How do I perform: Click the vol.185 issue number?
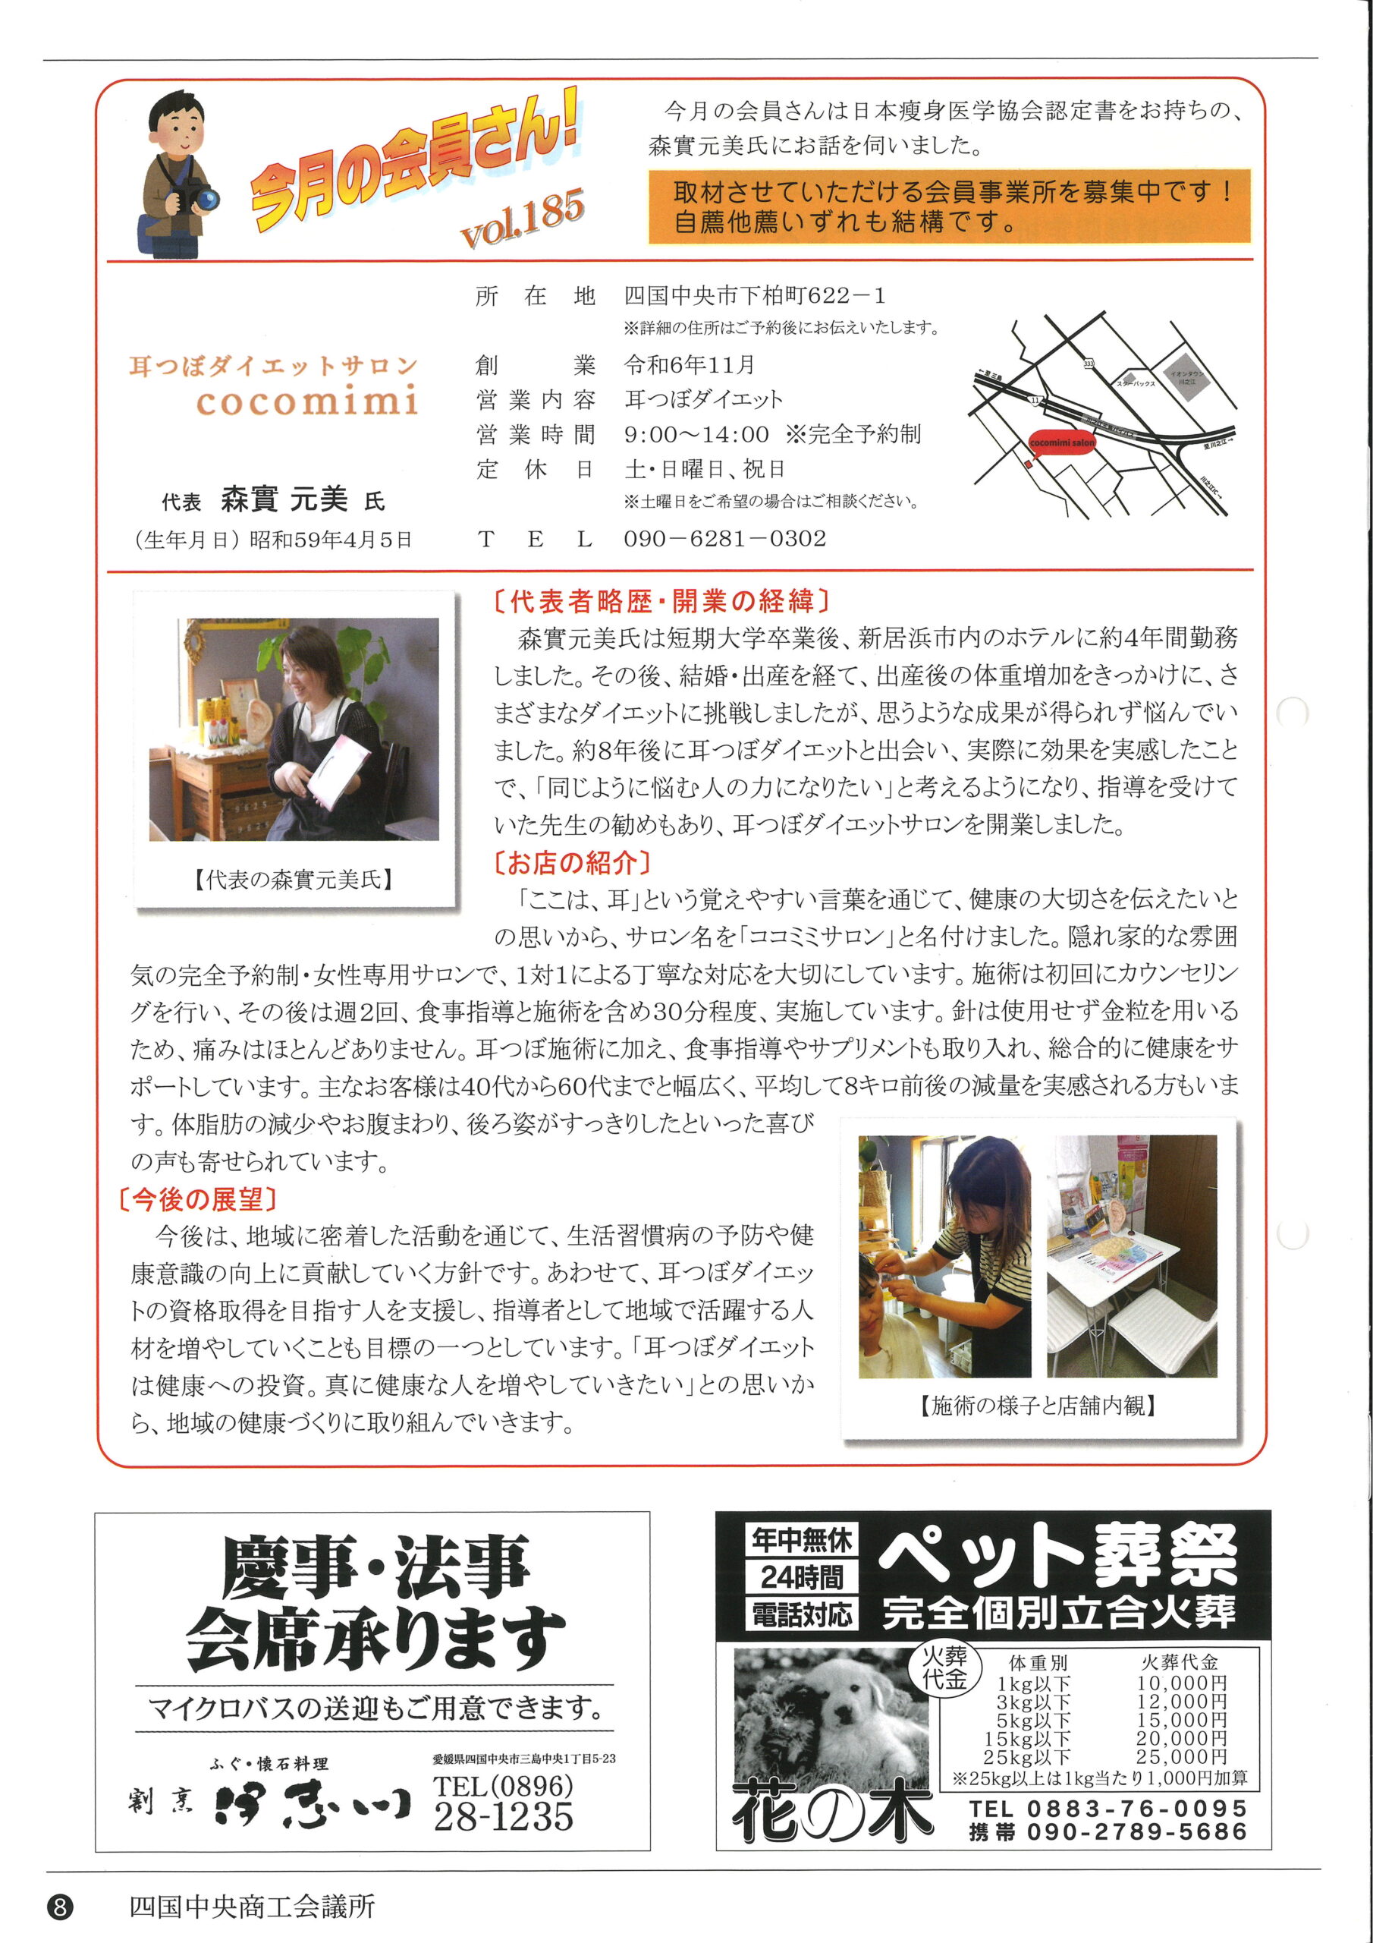[522, 218]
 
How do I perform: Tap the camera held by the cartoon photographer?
[203, 197]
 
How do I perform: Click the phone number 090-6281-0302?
[724, 538]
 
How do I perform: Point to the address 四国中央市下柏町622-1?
[755, 295]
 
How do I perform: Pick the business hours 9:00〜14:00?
[696, 434]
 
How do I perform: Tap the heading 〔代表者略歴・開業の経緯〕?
[661, 601]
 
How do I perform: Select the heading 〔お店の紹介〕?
[571, 862]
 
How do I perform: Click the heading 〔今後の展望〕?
[198, 1198]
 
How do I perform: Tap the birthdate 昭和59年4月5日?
[331, 540]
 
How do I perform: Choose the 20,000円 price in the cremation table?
[1181, 1738]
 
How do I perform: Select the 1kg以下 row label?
[1033, 1683]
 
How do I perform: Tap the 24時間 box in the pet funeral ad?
[801, 1576]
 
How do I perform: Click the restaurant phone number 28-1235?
[504, 1816]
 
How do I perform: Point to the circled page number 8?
[60, 1907]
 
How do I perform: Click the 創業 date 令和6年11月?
[690, 365]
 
